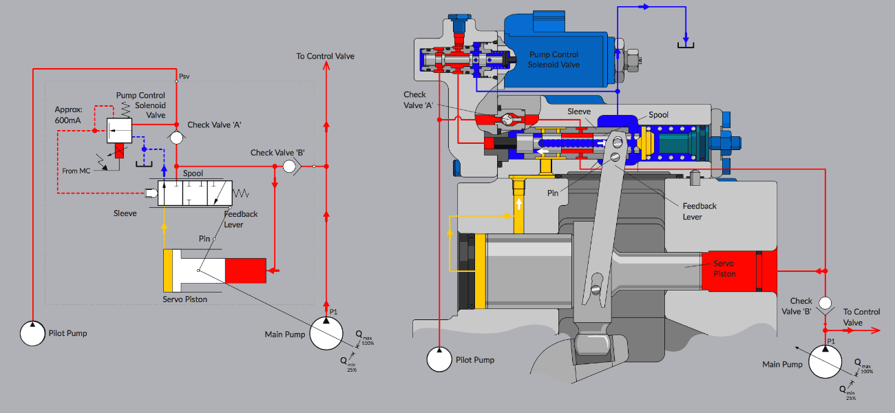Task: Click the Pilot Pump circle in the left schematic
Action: [32, 333]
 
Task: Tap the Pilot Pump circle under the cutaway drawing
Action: [439, 359]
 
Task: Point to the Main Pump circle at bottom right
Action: [825, 361]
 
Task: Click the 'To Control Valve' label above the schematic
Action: [325, 56]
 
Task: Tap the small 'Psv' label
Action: [184, 76]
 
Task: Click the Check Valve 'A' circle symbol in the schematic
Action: [176, 138]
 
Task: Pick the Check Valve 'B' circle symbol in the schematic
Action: [290, 166]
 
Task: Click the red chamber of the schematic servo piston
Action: [245, 270]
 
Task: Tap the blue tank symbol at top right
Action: [686, 44]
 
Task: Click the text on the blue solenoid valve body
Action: [554, 59]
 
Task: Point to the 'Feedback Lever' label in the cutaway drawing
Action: [699, 211]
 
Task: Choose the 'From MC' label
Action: [75, 171]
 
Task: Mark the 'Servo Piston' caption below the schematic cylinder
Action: [185, 299]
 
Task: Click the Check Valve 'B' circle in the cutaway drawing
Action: [825, 303]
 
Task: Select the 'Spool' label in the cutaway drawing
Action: [658, 115]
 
